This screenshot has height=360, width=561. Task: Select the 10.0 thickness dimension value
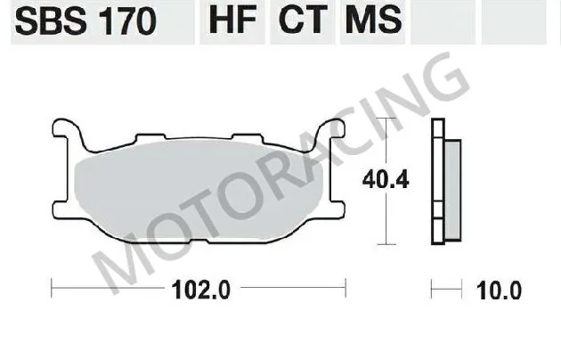pos(500,290)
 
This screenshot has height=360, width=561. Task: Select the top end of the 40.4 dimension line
pos(385,119)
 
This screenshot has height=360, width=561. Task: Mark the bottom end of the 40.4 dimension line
pos(385,242)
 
